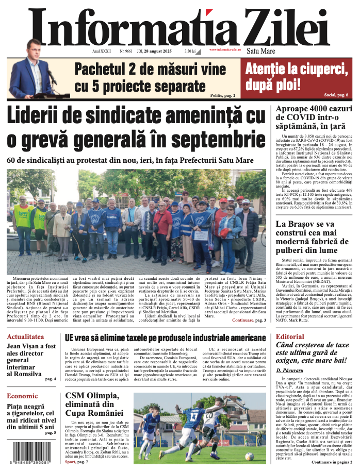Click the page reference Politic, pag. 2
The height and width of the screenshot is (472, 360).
tap(223, 96)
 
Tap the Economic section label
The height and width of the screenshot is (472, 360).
tap(22, 396)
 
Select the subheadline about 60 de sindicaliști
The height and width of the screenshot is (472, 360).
tap(130, 160)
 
